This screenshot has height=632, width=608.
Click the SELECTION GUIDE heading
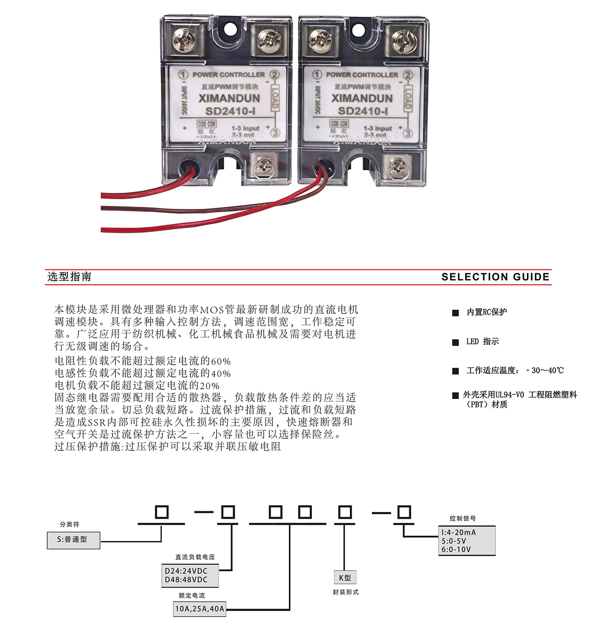[495, 277]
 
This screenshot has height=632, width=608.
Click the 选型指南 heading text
[69, 276]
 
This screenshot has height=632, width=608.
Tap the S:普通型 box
[73, 539]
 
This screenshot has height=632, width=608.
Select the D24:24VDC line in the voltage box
[186, 571]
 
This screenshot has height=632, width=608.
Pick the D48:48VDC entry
[186, 580]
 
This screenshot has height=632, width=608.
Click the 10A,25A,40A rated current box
[199, 609]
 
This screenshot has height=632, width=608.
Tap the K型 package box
[345, 578]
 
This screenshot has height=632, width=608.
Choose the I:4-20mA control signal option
[459, 532]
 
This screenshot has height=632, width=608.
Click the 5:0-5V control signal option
[454, 541]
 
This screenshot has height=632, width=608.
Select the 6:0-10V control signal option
[456, 550]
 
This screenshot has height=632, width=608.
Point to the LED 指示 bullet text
[482, 341]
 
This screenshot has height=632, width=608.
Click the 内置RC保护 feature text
[486, 312]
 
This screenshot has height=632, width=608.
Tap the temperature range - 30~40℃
[545, 370]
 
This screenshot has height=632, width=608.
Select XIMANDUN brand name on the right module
[362, 98]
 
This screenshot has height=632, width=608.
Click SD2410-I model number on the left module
[230, 111]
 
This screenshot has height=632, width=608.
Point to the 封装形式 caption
[346, 592]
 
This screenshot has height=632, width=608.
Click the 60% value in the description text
[221, 361]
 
